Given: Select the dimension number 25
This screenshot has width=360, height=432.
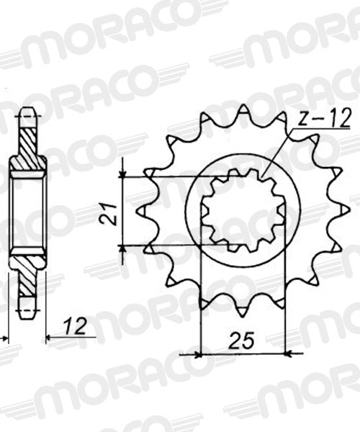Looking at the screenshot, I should pos(244,339).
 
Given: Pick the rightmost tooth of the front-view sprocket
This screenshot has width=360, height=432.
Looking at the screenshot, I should pos(344,210).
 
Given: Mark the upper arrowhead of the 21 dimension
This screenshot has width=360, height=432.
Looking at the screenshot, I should pos(125,174).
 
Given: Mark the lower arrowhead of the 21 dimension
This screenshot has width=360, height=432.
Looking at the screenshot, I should pos(125,248).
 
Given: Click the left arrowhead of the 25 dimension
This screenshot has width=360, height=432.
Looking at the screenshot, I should pos(199,354).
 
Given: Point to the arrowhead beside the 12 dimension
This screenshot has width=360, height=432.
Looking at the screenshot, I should pos(50,336).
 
